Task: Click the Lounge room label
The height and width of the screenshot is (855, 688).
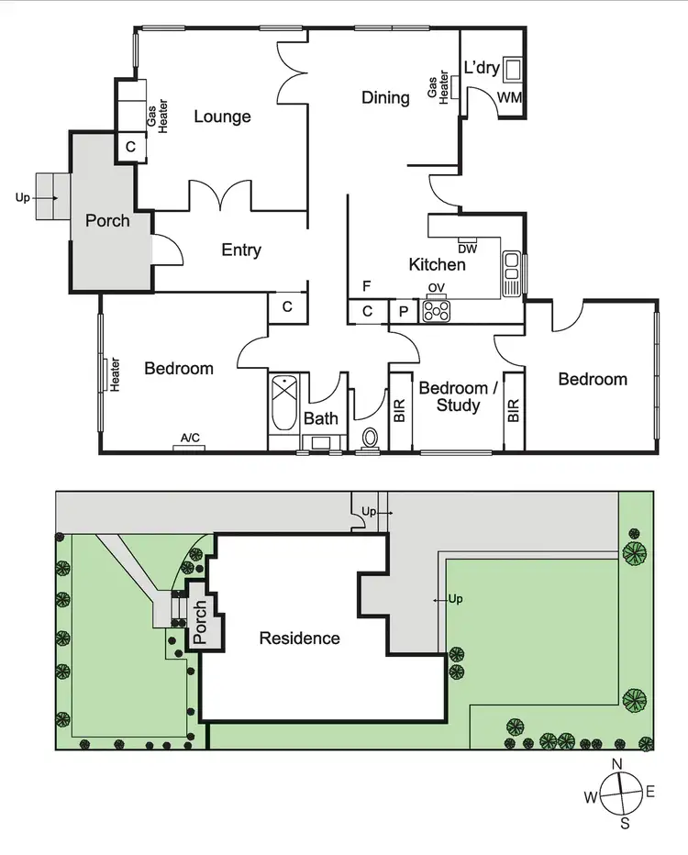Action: tap(222, 117)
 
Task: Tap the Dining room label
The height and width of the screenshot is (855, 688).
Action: tap(385, 97)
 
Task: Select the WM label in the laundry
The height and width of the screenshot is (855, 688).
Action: tap(509, 96)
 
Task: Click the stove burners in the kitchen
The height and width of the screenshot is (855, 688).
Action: tap(437, 311)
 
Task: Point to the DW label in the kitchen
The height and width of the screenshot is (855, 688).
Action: tap(466, 248)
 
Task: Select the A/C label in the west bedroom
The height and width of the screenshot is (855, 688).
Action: tap(190, 439)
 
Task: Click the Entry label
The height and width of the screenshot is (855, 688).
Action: tap(241, 250)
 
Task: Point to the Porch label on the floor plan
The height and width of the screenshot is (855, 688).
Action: tap(107, 221)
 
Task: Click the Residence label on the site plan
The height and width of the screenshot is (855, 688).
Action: tap(299, 638)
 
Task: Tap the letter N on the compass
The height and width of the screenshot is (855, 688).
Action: tap(617, 764)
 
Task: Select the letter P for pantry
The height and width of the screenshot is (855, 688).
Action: tap(403, 312)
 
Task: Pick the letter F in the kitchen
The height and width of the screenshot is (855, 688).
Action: tap(366, 285)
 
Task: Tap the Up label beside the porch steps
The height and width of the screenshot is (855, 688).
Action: tap(22, 197)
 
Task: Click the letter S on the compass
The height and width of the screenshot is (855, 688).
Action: tap(625, 823)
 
